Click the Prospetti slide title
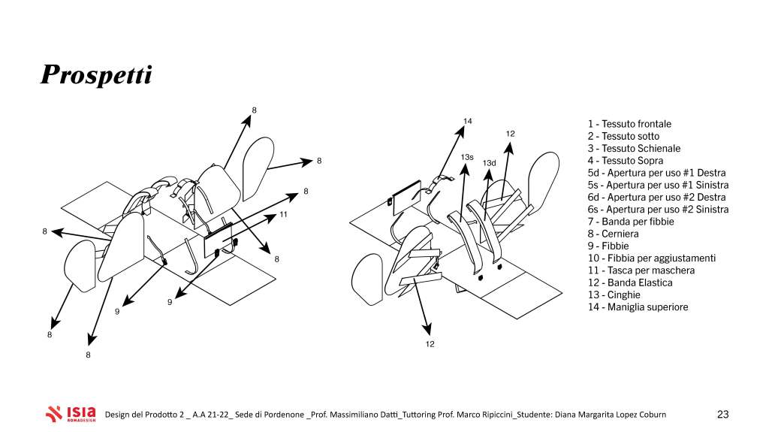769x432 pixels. point(96,75)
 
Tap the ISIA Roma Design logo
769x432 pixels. point(71,414)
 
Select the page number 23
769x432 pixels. point(723,414)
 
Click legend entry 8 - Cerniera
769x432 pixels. point(613,234)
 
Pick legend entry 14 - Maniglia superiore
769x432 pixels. point(638,307)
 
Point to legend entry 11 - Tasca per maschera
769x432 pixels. point(641,270)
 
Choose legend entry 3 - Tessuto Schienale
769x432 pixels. point(634,148)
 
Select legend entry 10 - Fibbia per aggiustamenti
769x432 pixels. point(652,258)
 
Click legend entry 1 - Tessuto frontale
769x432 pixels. point(629,124)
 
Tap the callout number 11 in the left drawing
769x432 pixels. point(283,215)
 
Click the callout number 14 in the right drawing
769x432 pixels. point(467,121)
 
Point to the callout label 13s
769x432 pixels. point(467,158)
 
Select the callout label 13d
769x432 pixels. point(489,163)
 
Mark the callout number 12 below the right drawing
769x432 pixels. point(430,344)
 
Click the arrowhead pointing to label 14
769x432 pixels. point(460,131)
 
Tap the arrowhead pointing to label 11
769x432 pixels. point(270,219)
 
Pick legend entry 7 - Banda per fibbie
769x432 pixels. point(631,222)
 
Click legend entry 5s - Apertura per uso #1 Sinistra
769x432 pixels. point(658,185)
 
